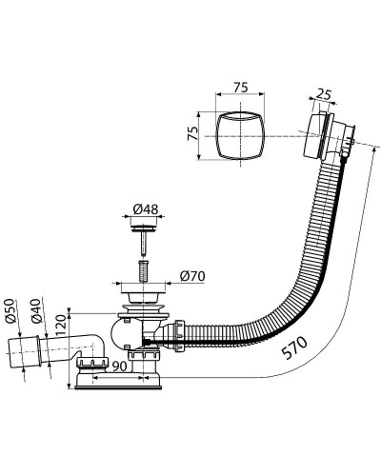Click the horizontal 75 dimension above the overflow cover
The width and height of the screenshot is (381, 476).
[240, 87]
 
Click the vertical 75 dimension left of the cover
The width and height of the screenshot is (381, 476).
[192, 133]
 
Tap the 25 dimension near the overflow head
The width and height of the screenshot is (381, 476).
[324, 94]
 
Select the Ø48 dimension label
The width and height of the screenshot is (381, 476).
[146, 209]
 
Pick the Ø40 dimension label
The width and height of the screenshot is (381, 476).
[36, 310]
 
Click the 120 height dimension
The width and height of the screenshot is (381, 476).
[60, 325]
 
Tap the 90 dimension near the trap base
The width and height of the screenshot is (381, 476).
[120, 367]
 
